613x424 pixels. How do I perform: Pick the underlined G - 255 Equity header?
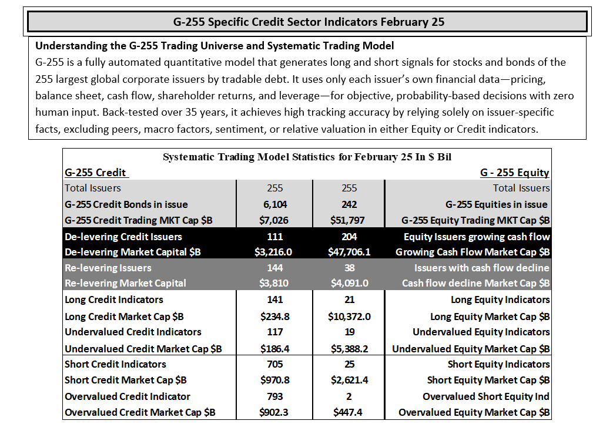pyautogui.click(x=514, y=172)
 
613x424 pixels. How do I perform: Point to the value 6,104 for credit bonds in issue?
pyautogui.click(x=275, y=204)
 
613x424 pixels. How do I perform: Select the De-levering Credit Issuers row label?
pyautogui.click(x=123, y=237)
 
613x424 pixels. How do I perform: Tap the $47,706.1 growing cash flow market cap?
pyautogui.click(x=349, y=252)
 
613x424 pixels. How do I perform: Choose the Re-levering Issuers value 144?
pyautogui.click(x=275, y=268)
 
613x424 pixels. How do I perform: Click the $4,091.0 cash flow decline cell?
pyautogui.click(x=349, y=283)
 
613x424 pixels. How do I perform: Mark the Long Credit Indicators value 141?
pyautogui.click(x=275, y=300)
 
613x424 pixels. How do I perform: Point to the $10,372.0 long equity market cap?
pyautogui.click(x=349, y=317)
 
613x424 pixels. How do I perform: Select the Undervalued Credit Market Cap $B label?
pyautogui.click(x=143, y=349)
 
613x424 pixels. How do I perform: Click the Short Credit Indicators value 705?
pyautogui.click(x=275, y=364)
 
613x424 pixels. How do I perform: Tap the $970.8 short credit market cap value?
pyautogui.click(x=275, y=380)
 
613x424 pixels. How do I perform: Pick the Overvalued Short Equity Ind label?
pyautogui.click(x=486, y=396)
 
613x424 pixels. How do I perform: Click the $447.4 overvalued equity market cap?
pyautogui.click(x=347, y=412)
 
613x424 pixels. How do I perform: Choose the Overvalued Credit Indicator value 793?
pyautogui.click(x=275, y=396)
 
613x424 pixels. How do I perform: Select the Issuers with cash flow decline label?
pyautogui.click(x=482, y=268)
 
